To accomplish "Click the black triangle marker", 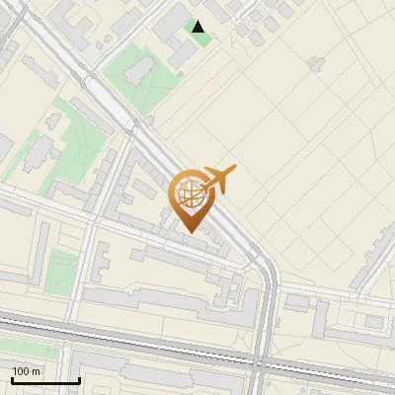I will (x=198, y=28).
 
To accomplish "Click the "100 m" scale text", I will (x=27, y=371).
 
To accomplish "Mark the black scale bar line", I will (x=45, y=380).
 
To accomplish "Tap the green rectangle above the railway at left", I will (x=61, y=271).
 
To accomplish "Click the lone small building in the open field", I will (x=317, y=63).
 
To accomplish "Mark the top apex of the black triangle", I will (x=198, y=22).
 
